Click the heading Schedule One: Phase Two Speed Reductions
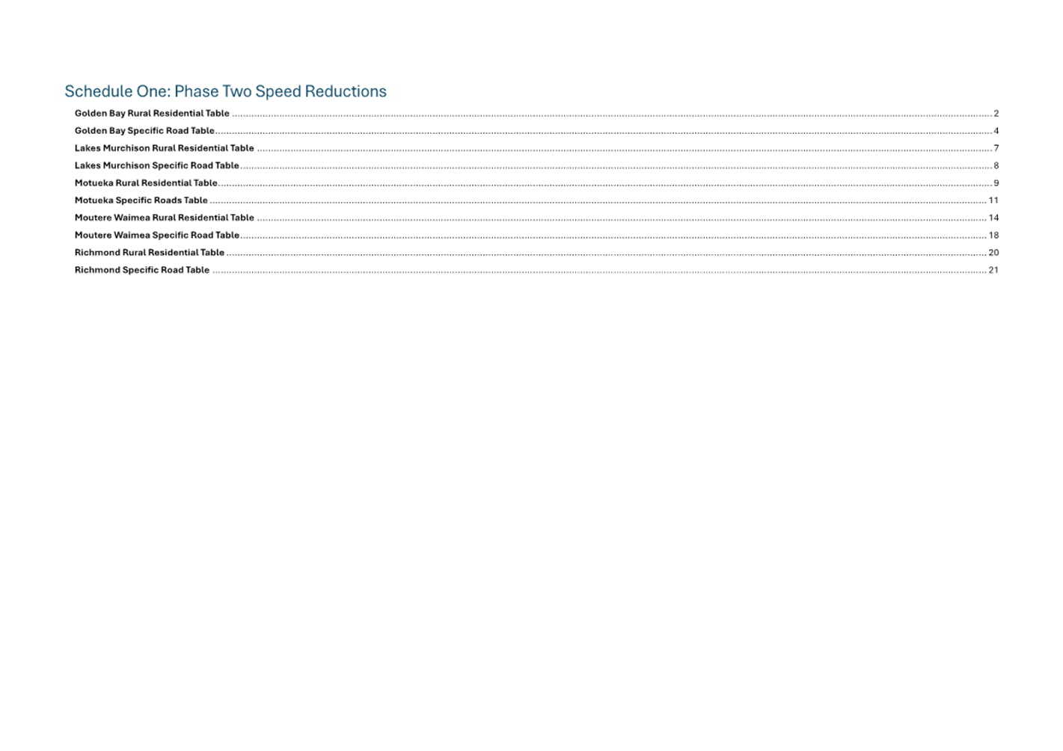pyautogui.click(x=225, y=91)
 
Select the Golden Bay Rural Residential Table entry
pyautogui.click(x=152, y=114)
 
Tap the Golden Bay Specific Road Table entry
pyautogui.click(x=144, y=130)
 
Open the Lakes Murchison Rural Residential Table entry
pyautogui.click(x=164, y=148)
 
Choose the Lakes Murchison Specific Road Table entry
pyautogui.click(x=156, y=165)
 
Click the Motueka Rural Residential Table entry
pyautogui.click(x=146, y=183)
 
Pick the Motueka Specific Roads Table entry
pyautogui.click(x=141, y=200)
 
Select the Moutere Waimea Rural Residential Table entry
pyautogui.click(x=164, y=218)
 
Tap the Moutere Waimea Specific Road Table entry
pyautogui.click(x=156, y=235)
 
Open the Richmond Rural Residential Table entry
pyautogui.click(x=149, y=252)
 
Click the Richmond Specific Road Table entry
pyautogui.click(x=142, y=270)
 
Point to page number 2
pyautogui.click(x=996, y=114)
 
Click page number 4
pyautogui.click(x=996, y=131)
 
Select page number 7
pyautogui.click(x=996, y=148)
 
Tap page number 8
pyautogui.click(x=996, y=165)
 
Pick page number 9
pyautogui.click(x=996, y=183)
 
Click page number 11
pyautogui.click(x=993, y=200)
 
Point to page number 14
pyautogui.click(x=993, y=218)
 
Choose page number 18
pyautogui.click(x=993, y=236)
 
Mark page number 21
pyautogui.click(x=993, y=270)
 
